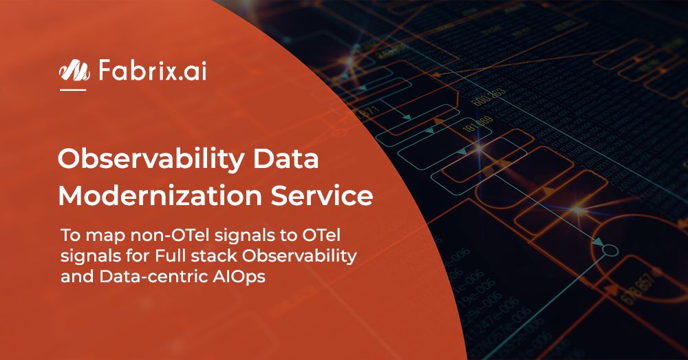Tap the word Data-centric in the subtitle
pyautogui.click(x=133, y=277)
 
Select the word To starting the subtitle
pyautogui.click(x=69, y=236)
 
